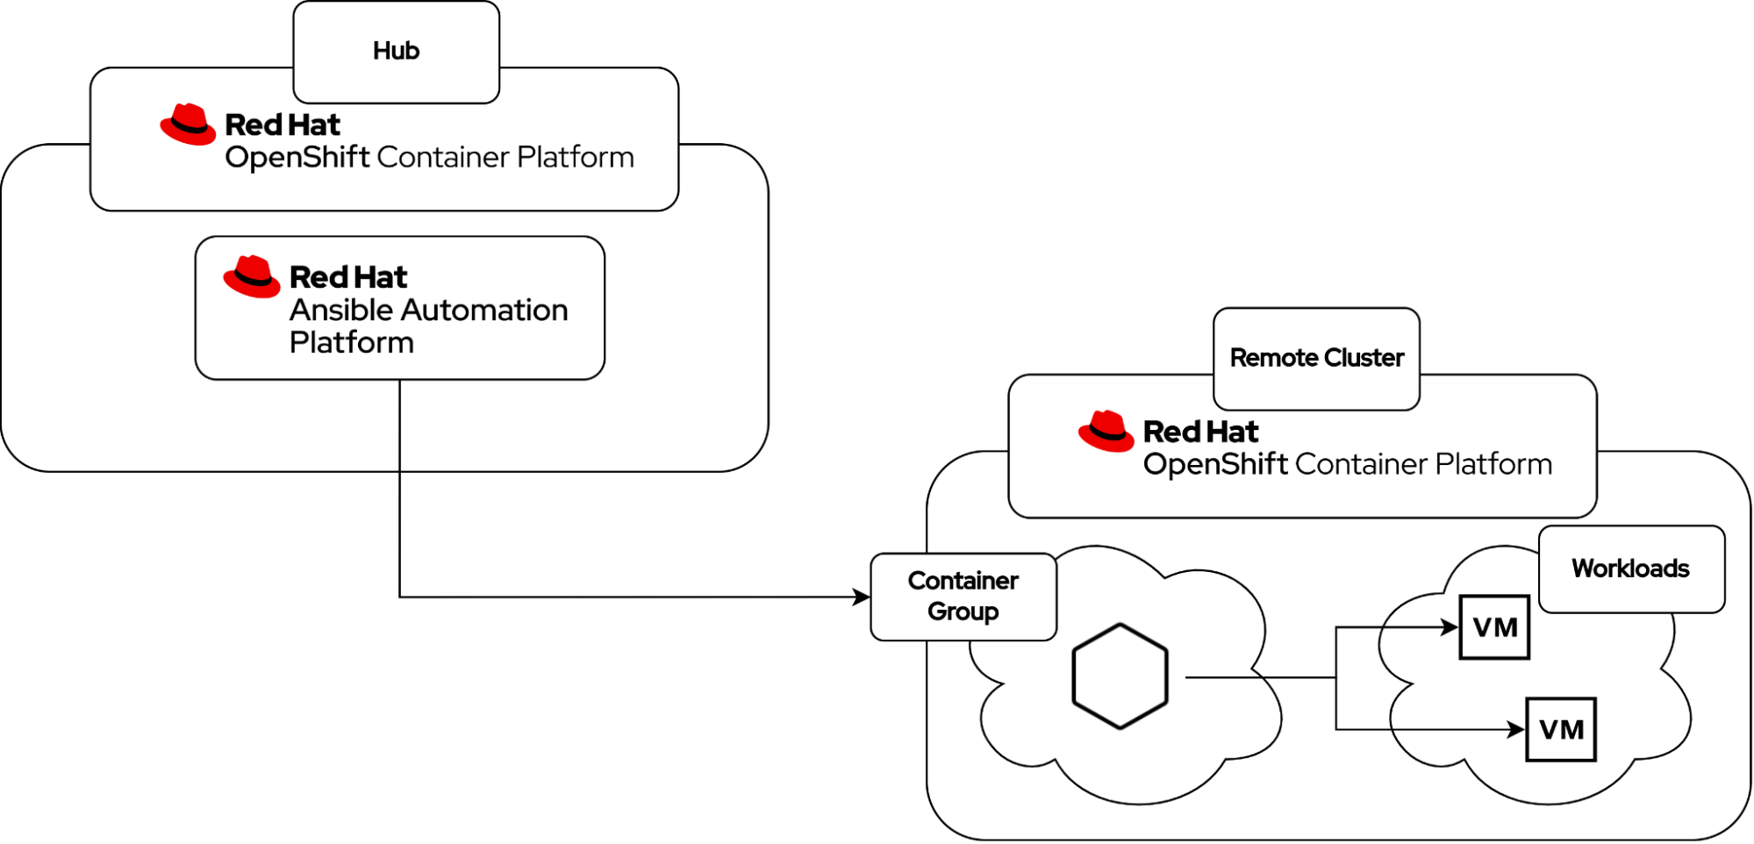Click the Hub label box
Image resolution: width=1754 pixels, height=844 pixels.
(396, 51)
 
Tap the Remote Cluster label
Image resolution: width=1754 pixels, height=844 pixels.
(1316, 358)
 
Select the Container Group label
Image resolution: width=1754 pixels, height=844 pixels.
(963, 596)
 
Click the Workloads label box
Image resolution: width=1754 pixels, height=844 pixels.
(1630, 569)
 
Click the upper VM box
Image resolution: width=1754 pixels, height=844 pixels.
(1494, 627)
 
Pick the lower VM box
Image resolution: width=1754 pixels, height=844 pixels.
(1560, 729)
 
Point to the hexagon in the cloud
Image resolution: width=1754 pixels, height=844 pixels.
(1120, 676)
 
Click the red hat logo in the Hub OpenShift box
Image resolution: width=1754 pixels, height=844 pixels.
(188, 125)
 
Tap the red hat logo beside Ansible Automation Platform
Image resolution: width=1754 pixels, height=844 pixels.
(252, 277)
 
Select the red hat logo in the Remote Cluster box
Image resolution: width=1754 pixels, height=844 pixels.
(1106, 431)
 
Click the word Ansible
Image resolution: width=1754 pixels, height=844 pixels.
(342, 311)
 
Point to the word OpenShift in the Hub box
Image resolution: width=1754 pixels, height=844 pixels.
(297, 158)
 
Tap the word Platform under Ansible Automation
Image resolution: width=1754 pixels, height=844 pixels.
(351, 343)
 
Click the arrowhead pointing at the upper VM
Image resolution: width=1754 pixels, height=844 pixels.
(1450, 627)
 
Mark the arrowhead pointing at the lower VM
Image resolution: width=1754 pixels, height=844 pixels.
(1515, 729)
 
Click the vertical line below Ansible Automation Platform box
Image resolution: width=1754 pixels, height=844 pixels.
(400, 426)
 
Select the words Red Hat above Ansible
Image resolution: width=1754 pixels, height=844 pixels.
(348, 277)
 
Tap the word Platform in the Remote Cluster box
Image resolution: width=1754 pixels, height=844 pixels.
(1493, 464)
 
